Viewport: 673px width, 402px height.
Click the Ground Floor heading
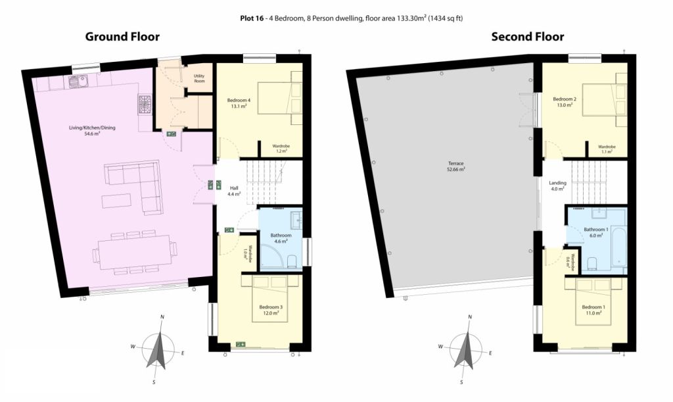[x=122, y=37]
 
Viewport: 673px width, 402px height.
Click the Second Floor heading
[x=528, y=37]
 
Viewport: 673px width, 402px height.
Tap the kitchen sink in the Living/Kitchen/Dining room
[x=78, y=81]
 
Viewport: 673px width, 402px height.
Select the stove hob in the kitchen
[x=145, y=105]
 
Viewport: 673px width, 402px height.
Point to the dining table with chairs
[x=135, y=253]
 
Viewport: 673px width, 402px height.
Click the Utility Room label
[x=199, y=78]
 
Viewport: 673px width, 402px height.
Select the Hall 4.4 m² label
[x=234, y=191]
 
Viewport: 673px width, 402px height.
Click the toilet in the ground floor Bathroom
[x=292, y=261]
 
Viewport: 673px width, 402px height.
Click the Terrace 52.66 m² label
[x=456, y=166]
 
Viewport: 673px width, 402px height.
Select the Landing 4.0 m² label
[x=557, y=186]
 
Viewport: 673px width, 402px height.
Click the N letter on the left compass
[x=162, y=317]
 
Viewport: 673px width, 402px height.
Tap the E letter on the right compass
[x=490, y=353]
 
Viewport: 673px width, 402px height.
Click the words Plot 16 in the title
[x=252, y=18]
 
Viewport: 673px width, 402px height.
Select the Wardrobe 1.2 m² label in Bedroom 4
[x=281, y=149]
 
